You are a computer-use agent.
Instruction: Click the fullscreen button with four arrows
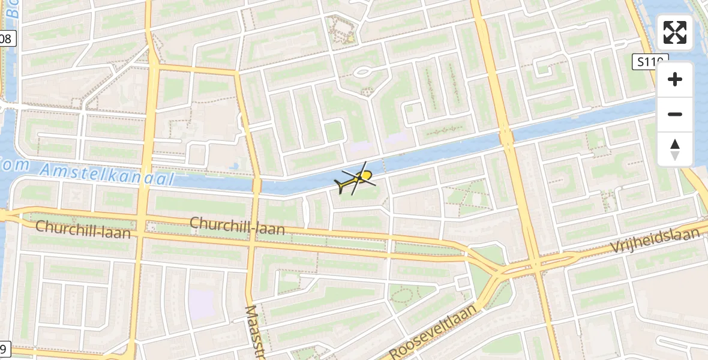click(x=675, y=32)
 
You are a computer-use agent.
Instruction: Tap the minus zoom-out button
click(x=675, y=114)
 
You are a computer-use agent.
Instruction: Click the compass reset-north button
click(x=675, y=149)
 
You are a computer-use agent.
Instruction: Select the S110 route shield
click(x=649, y=61)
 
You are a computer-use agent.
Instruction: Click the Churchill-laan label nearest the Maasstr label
click(x=237, y=226)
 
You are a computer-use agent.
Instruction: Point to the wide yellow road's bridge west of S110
click(x=506, y=139)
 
